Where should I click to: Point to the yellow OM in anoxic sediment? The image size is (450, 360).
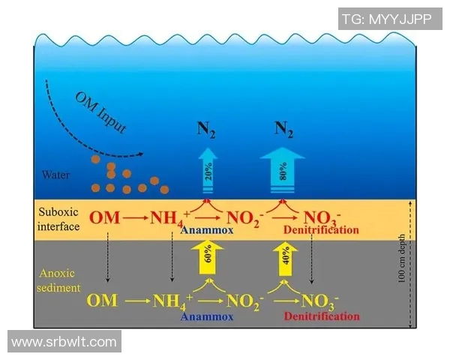pos(102,301)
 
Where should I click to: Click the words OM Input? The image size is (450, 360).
pos(100,112)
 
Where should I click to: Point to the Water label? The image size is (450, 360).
pos(55,175)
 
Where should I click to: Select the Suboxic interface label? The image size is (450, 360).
pos(58,218)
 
